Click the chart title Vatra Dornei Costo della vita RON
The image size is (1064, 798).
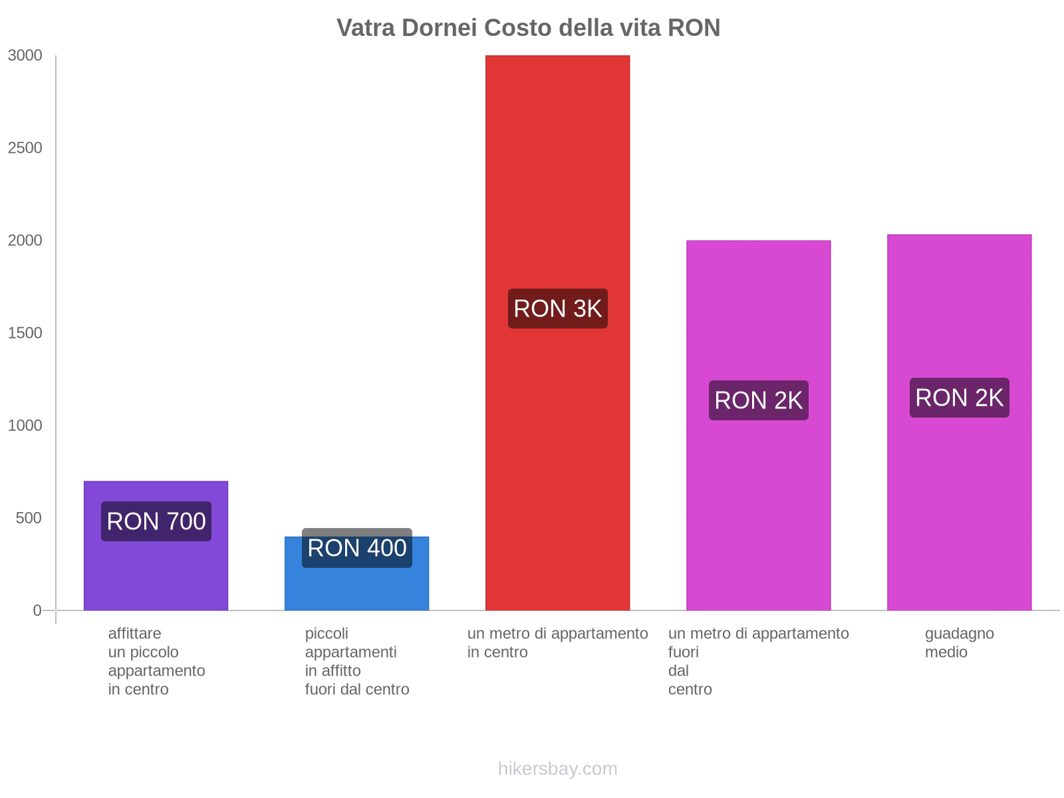(x=528, y=28)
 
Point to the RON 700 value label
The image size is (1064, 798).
(x=156, y=521)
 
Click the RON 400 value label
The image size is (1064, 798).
(x=357, y=548)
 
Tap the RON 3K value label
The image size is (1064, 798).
(x=558, y=309)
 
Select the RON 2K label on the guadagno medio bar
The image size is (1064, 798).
(x=959, y=398)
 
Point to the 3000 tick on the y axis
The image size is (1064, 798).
(x=25, y=56)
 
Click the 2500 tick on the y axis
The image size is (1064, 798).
(x=25, y=148)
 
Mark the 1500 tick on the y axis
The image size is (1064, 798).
(x=25, y=333)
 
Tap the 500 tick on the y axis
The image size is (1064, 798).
(x=29, y=518)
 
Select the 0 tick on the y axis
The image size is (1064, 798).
(x=37, y=610)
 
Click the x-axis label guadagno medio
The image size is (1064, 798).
(x=959, y=642)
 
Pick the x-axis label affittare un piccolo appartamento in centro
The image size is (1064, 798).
(x=156, y=661)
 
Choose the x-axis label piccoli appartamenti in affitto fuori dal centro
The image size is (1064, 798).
(x=357, y=661)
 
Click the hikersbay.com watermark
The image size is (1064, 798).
(x=557, y=769)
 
